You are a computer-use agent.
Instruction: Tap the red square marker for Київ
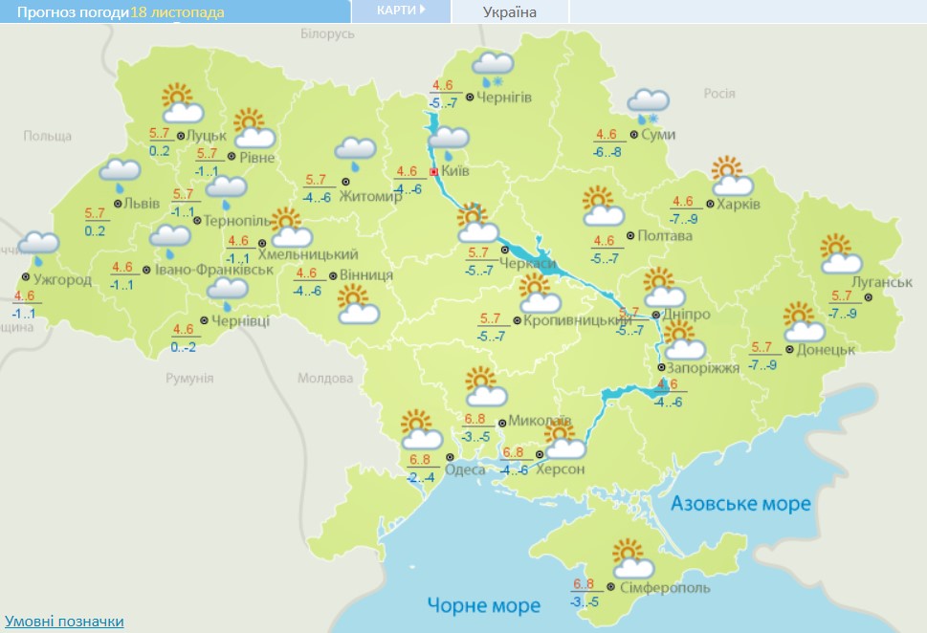[x=433, y=172]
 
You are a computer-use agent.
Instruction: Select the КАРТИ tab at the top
[x=401, y=11]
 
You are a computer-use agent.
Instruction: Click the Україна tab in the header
[x=509, y=11]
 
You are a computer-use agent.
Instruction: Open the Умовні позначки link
[x=64, y=622]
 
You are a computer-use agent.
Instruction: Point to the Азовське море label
[x=739, y=503]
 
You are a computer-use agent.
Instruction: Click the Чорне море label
[x=483, y=604]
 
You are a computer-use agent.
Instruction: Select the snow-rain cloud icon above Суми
[x=648, y=105]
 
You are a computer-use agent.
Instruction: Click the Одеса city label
[x=465, y=469]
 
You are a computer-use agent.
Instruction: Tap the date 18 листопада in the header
[x=177, y=12]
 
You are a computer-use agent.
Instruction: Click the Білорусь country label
[x=327, y=33]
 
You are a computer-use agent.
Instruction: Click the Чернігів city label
[x=504, y=97]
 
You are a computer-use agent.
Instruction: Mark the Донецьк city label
[x=825, y=350]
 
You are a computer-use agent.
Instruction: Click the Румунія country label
[x=189, y=378]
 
